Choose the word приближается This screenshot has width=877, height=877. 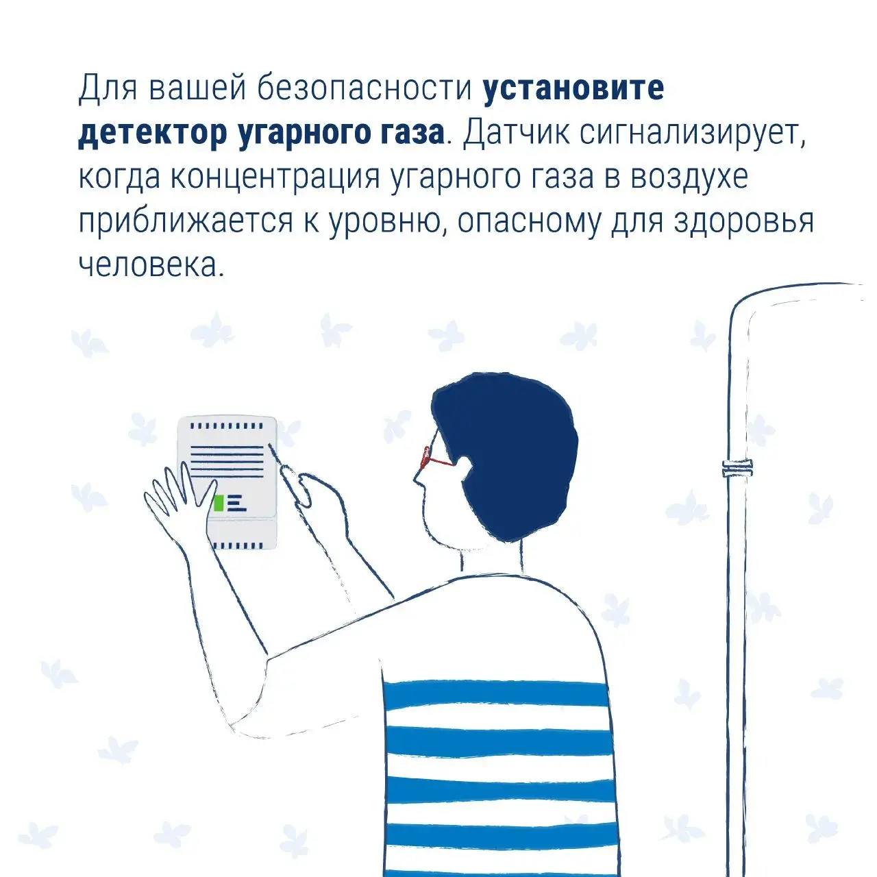(x=186, y=222)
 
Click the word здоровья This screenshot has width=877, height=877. (x=743, y=223)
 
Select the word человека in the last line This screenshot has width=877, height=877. (x=152, y=266)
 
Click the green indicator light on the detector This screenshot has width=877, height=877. (x=219, y=504)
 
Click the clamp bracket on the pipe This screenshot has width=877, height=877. (x=737, y=468)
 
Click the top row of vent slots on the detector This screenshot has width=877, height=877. (x=226, y=426)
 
